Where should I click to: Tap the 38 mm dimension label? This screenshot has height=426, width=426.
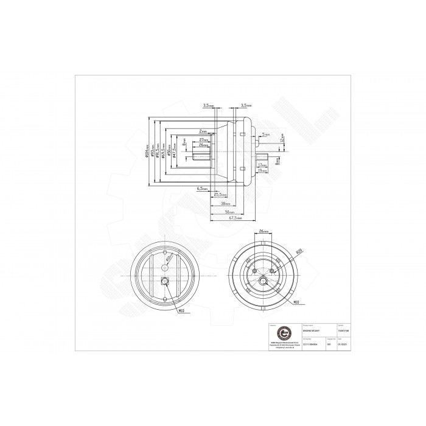click(225, 203)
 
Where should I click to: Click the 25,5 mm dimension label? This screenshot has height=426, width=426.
click(218, 195)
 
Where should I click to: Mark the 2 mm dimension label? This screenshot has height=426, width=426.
click(203, 131)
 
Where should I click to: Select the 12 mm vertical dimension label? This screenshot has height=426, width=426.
click(282, 139)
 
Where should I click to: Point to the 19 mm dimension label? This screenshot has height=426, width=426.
click(263, 171)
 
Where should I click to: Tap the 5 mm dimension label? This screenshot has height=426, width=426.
click(265, 134)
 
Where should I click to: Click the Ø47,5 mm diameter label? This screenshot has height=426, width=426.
click(175, 152)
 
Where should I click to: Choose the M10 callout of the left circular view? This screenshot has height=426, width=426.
click(182, 312)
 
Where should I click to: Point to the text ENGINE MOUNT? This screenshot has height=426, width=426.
click(319, 332)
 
